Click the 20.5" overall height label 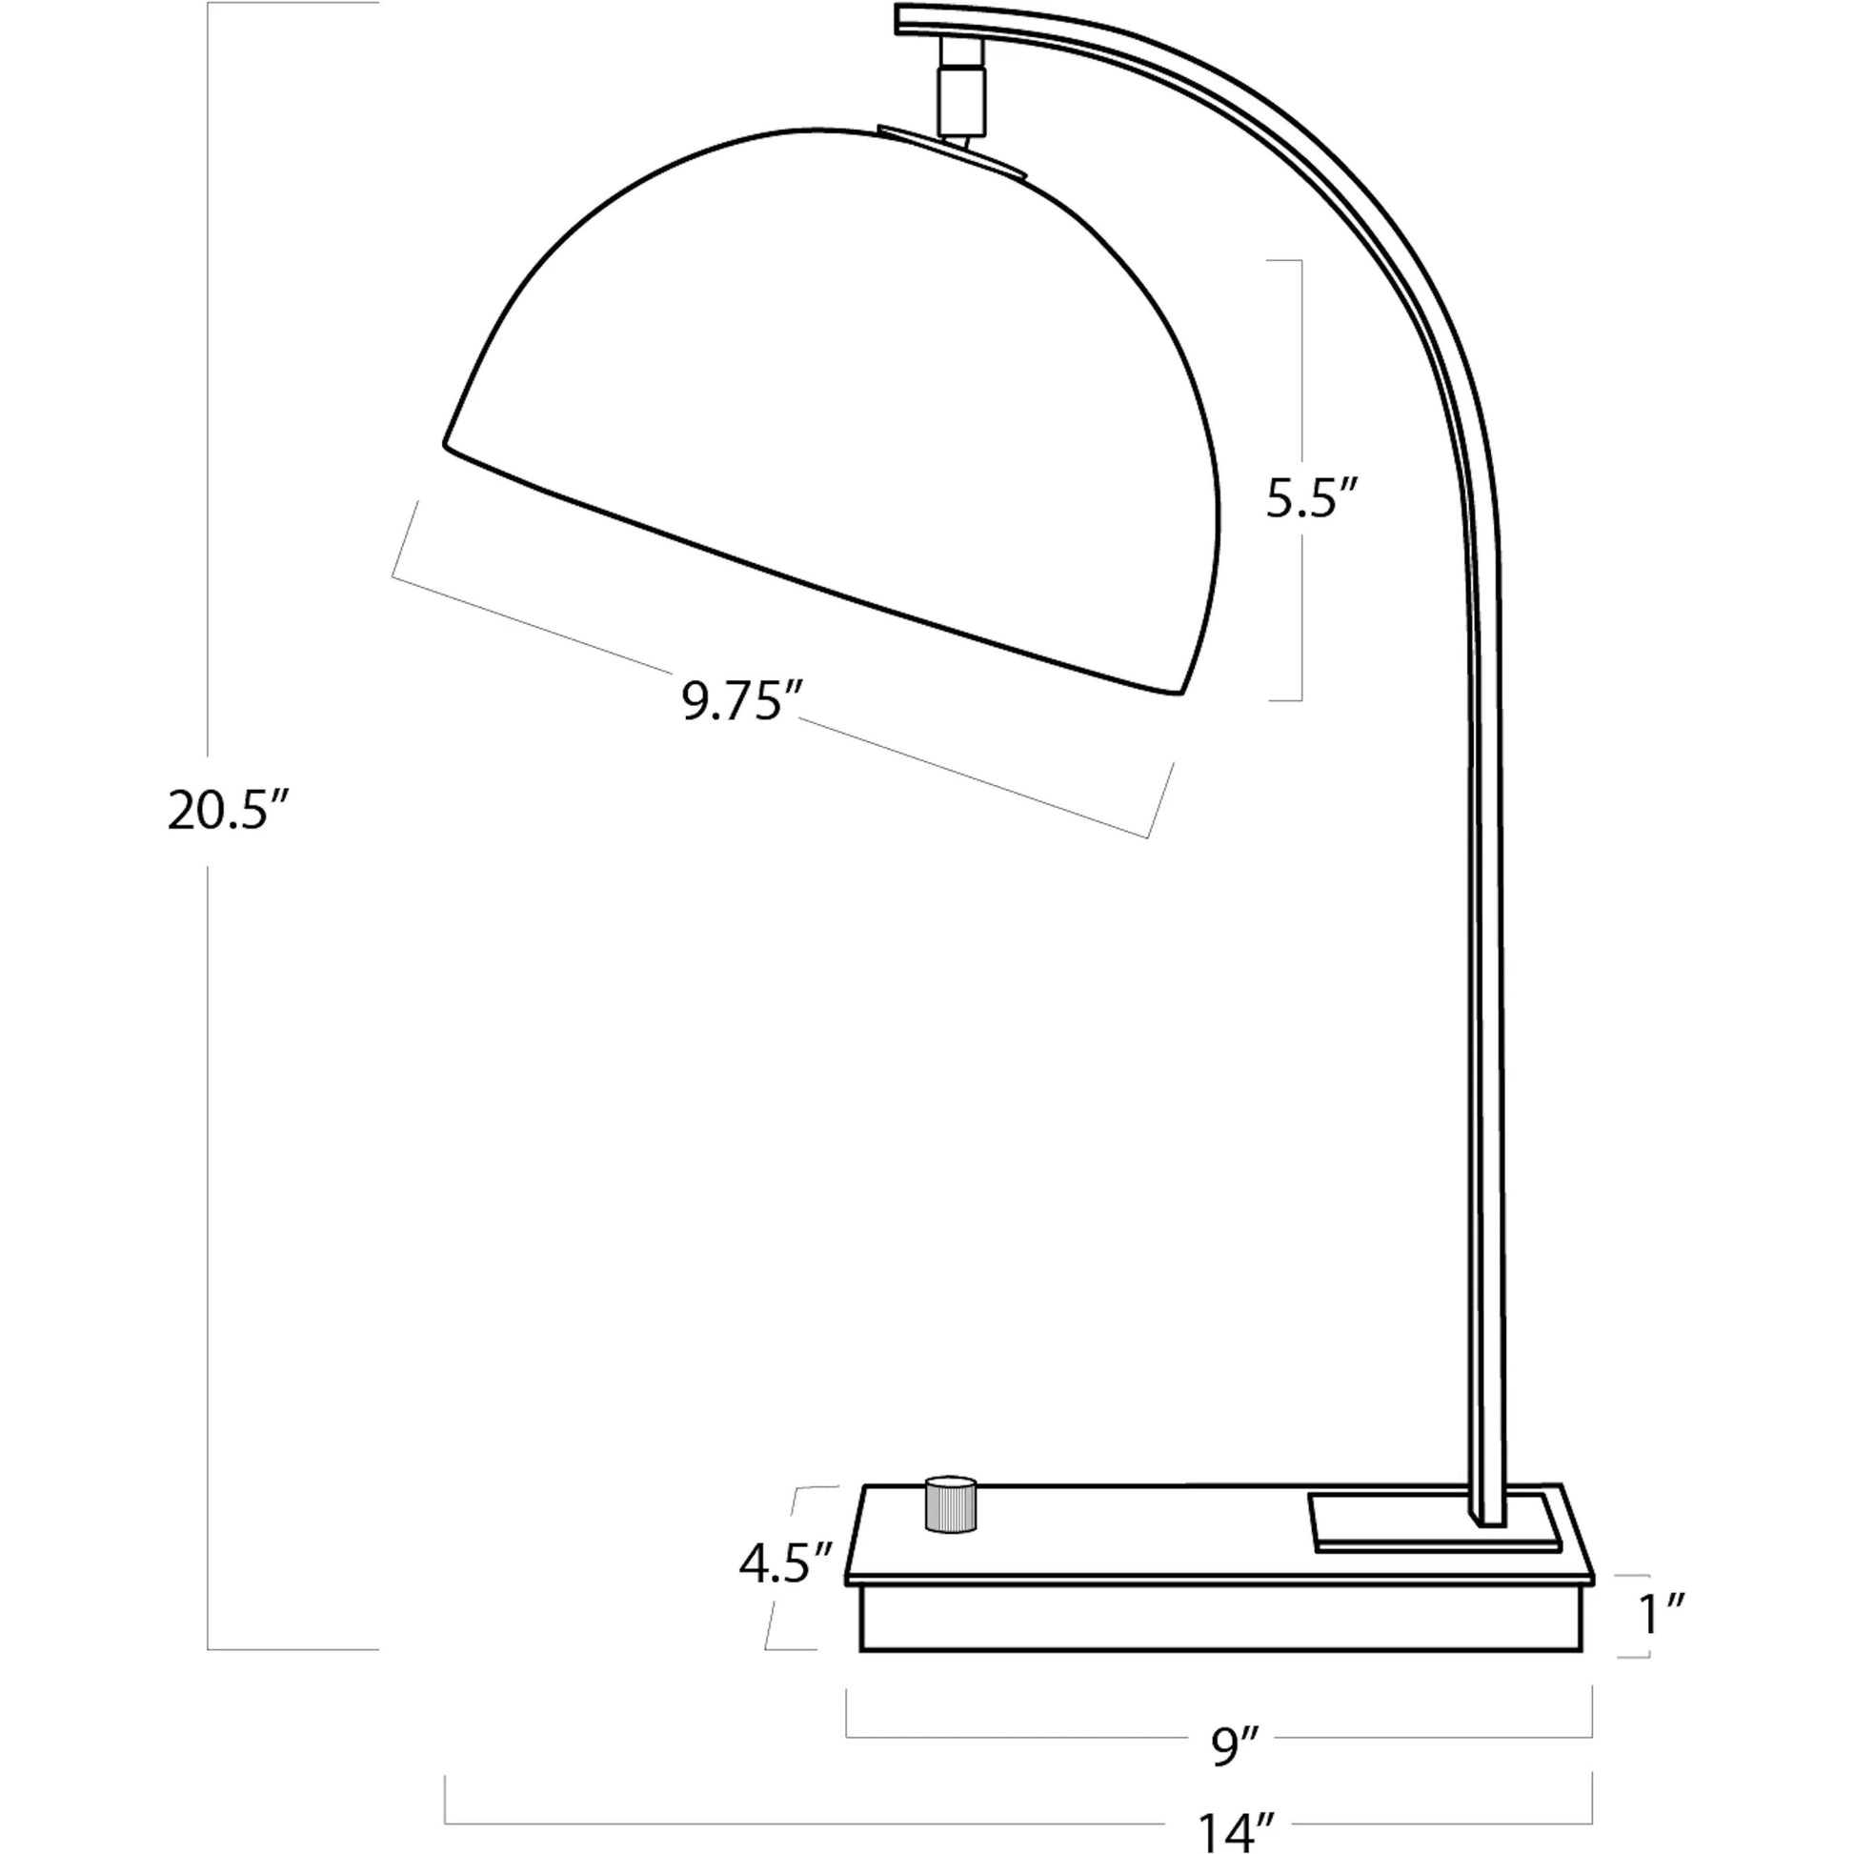(229, 811)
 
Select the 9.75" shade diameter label (742, 701)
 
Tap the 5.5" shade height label (1312, 498)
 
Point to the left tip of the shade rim (447, 442)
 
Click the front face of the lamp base (1219, 1619)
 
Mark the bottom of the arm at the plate (1488, 1521)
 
